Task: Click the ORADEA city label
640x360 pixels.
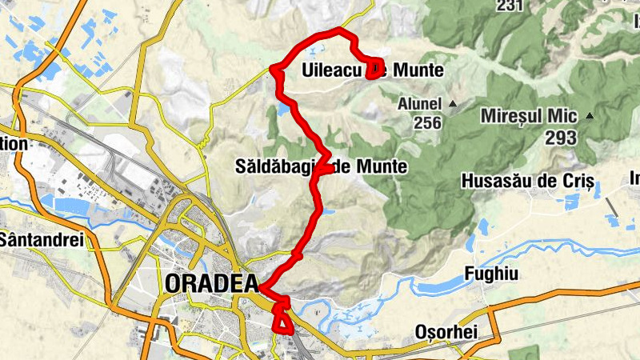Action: pyautogui.click(x=211, y=284)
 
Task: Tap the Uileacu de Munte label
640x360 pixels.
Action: pyautogui.click(x=373, y=71)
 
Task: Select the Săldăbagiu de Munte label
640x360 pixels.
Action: pyautogui.click(x=322, y=167)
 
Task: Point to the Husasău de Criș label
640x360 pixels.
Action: pyautogui.click(x=526, y=182)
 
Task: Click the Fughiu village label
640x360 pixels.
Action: pyautogui.click(x=491, y=274)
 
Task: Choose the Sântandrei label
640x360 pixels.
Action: pyautogui.click(x=41, y=239)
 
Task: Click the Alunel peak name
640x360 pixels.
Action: pyautogui.click(x=419, y=104)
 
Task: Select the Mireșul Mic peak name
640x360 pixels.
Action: pyautogui.click(x=528, y=116)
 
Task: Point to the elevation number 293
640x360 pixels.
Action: pyautogui.click(x=561, y=138)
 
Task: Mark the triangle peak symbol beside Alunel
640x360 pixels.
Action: pyautogui.click(x=452, y=104)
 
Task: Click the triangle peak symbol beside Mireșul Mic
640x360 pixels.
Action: pyautogui.click(x=590, y=116)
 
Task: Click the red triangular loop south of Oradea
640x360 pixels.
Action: pyautogui.click(x=282, y=320)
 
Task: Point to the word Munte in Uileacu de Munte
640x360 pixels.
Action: pyautogui.click(x=417, y=71)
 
